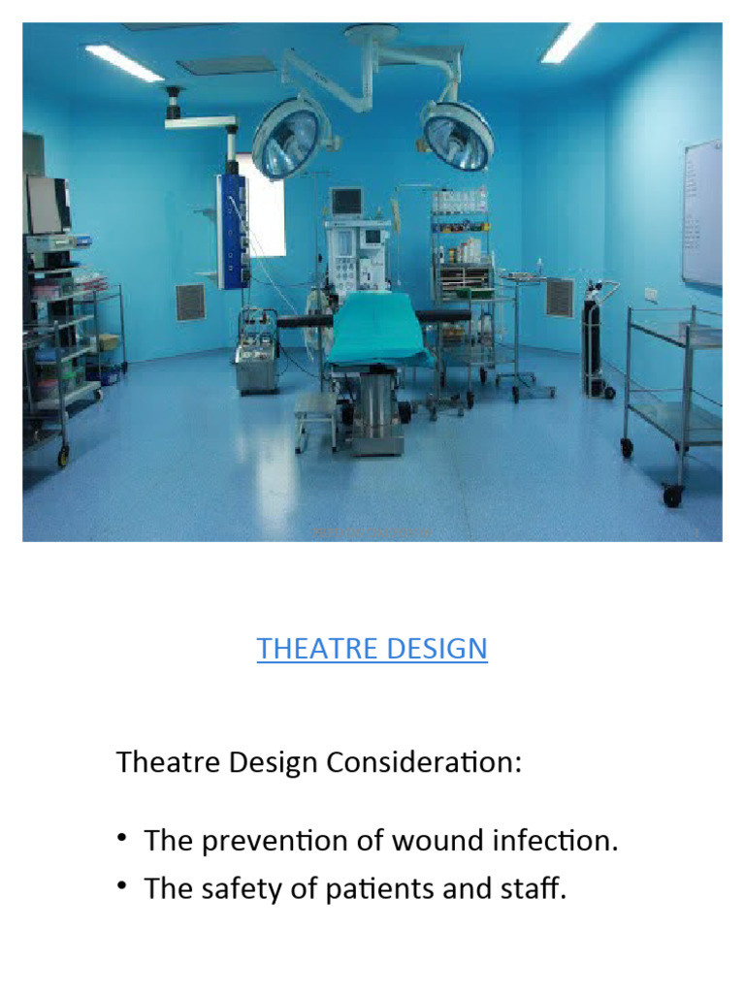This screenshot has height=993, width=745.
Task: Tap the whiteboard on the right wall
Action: [702, 213]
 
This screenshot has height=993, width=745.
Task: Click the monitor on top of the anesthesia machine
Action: [345, 202]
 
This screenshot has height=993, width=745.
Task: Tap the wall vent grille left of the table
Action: [190, 303]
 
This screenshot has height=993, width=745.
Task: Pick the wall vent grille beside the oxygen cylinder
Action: [560, 298]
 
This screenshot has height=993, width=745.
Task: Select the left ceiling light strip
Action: [123, 62]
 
